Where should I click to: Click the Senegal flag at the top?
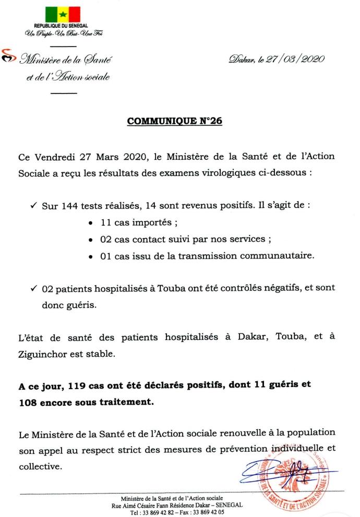pos(62,14)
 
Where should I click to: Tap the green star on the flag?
pos(62,14)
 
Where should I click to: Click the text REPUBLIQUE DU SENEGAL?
pos(61,26)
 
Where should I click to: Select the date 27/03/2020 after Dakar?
pos(295,60)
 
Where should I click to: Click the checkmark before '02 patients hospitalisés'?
pos(32,288)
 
